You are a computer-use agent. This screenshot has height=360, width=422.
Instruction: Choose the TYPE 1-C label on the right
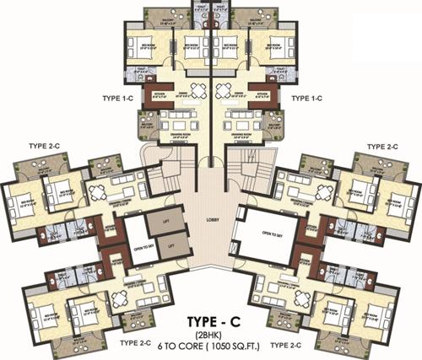pyautogui.click(x=307, y=98)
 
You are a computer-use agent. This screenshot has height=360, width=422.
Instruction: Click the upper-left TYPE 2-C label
pyautogui.click(x=45, y=147)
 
